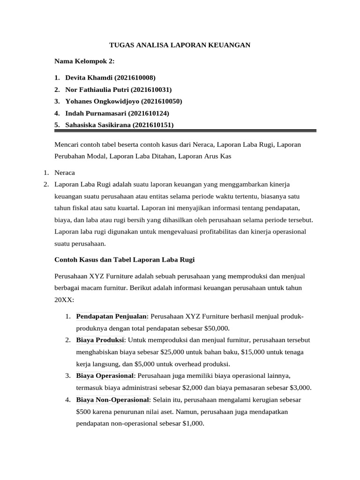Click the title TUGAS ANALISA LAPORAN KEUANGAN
[x=180, y=45]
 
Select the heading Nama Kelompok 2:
[x=84, y=61]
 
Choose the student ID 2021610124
[x=149, y=113]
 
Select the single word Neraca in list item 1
[x=65, y=172]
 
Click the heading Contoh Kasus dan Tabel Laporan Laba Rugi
[x=125, y=259]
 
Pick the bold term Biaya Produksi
[x=100, y=339]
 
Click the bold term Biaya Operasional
[x=105, y=375]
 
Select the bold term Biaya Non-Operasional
[x=112, y=400]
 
